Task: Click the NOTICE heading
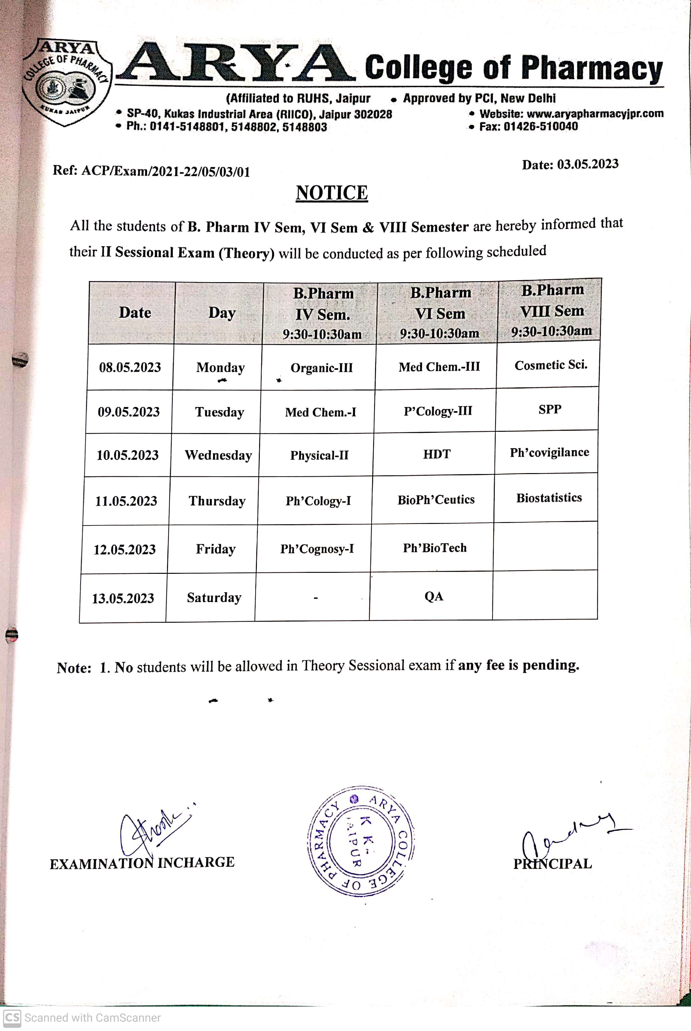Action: [332, 193]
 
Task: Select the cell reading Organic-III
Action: [321, 368]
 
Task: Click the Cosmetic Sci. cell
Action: [551, 365]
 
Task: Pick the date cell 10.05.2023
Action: [127, 455]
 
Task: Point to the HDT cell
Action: [437, 454]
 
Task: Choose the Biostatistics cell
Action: [549, 498]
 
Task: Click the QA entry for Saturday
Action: [434, 596]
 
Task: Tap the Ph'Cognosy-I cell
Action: [317, 549]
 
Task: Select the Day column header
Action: [222, 313]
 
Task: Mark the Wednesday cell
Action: [218, 455]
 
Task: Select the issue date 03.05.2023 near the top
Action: [587, 164]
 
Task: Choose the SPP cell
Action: [550, 410]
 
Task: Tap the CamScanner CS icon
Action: [12, 1017]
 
